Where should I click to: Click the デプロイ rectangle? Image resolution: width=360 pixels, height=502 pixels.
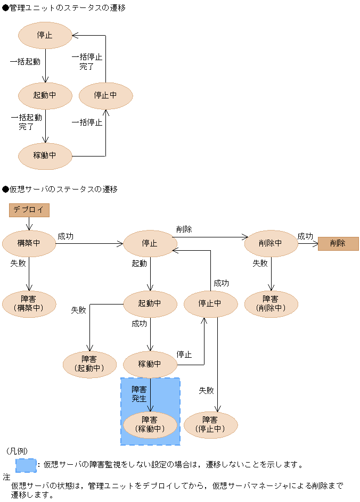(29, 210)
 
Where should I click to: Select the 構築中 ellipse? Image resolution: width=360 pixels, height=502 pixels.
(29, 243)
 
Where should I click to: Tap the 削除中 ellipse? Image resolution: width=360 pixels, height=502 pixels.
(271, 243)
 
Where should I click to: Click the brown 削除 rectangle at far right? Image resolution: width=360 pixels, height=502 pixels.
(338, 243)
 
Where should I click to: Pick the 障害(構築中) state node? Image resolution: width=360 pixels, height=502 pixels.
(29, 304)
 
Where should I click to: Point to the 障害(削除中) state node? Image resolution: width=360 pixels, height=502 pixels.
(271, 304)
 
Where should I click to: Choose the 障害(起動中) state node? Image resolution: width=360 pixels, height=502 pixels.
(89, 364)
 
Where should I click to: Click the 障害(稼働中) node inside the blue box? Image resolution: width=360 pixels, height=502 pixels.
(150, 425)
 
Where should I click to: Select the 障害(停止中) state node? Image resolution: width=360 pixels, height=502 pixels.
(210, 425)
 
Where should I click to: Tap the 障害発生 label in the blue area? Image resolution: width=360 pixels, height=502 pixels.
(139, 394)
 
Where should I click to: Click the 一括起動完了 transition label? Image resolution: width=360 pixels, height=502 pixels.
(26, 122)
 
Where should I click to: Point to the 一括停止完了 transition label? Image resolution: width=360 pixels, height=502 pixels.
(87, 61)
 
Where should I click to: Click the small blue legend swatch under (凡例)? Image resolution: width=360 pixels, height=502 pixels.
(26, 465)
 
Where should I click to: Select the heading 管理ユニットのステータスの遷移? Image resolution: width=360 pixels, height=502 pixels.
(64, 7)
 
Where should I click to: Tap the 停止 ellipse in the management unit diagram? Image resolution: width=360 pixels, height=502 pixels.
(45, 35)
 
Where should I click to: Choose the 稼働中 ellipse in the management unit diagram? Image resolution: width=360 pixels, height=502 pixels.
(45, 156)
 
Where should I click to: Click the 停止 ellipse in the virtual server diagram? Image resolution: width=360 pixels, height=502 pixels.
(150, 243)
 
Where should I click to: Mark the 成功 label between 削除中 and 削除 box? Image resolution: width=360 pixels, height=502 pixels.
(305, 236)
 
